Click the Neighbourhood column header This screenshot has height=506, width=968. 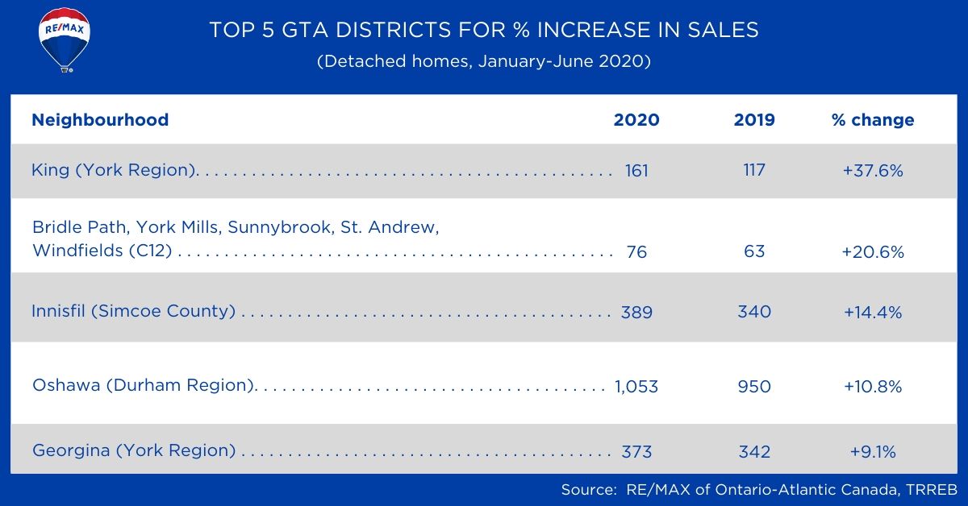[100, 120]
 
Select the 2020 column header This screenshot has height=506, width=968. [636, 120]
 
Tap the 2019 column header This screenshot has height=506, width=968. [754, 120]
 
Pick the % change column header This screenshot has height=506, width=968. [873, 120]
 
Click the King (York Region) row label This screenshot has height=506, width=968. [115, 170]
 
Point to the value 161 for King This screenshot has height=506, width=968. [636, 171]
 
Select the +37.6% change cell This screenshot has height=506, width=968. [873, 171]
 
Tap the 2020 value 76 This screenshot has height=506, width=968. [636, 251]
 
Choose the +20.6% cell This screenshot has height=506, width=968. [873, 251]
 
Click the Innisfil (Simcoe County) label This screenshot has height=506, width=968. [134, 311]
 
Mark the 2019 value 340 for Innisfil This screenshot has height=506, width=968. [754, 312]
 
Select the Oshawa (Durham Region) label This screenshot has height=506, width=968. [144, 385]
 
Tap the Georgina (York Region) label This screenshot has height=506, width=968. [134, 450]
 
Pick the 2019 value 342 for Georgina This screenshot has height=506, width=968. [754, 451]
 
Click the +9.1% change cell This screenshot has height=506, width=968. [873, 451]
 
